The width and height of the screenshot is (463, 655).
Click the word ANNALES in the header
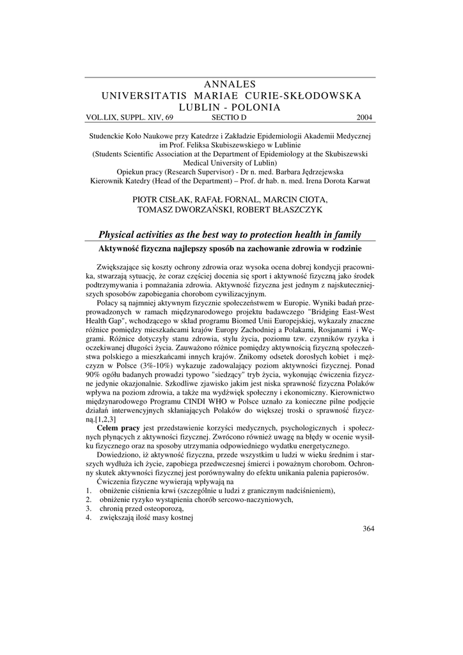coord(229,84)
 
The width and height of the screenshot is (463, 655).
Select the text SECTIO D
coord(228,118)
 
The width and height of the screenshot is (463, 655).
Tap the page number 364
coord(368,528)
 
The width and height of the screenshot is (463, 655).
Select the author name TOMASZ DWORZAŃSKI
coord(182,210)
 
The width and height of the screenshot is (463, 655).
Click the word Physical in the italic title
coord(119,234)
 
